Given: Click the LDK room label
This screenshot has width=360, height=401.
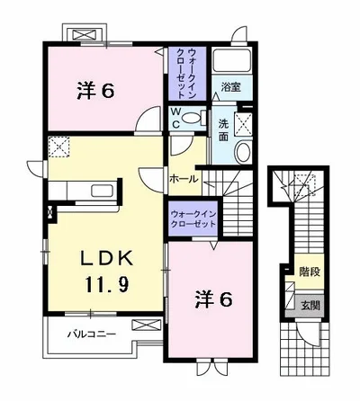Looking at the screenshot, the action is (x=107, y=258).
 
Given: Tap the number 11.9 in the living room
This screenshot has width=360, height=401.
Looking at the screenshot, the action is (x=107, y=284).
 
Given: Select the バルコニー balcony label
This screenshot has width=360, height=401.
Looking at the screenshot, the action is (x=91, y=334).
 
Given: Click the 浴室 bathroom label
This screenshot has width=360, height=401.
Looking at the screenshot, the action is (x=230, y=87).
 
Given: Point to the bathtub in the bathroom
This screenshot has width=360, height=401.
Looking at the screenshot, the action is (x=231, y=60).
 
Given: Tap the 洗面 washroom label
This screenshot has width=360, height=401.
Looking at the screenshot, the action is (x=223, y=130).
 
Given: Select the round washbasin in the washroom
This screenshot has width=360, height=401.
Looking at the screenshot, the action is (x=243, y=152).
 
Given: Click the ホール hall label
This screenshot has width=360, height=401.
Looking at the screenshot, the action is (x=184, y=179).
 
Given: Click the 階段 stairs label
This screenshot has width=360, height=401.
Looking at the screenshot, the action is (x=310, y=272).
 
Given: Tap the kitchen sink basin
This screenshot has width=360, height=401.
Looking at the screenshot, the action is (x=103, y=191).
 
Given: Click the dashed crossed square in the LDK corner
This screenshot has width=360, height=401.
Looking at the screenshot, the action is (x=58, y=147).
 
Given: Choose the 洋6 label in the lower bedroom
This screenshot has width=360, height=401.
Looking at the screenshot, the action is (x=213, y=299).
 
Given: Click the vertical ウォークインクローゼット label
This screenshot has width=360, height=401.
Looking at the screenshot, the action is (x=187, y=74).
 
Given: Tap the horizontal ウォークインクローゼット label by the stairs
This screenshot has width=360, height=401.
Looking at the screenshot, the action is (x=193, y=218).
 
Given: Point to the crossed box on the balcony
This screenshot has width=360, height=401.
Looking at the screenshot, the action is (x=146, y=325).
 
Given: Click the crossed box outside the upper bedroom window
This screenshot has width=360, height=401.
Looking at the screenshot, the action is (x=85, y=33).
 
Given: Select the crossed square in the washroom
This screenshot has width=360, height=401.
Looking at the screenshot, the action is (x=243, y=124).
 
